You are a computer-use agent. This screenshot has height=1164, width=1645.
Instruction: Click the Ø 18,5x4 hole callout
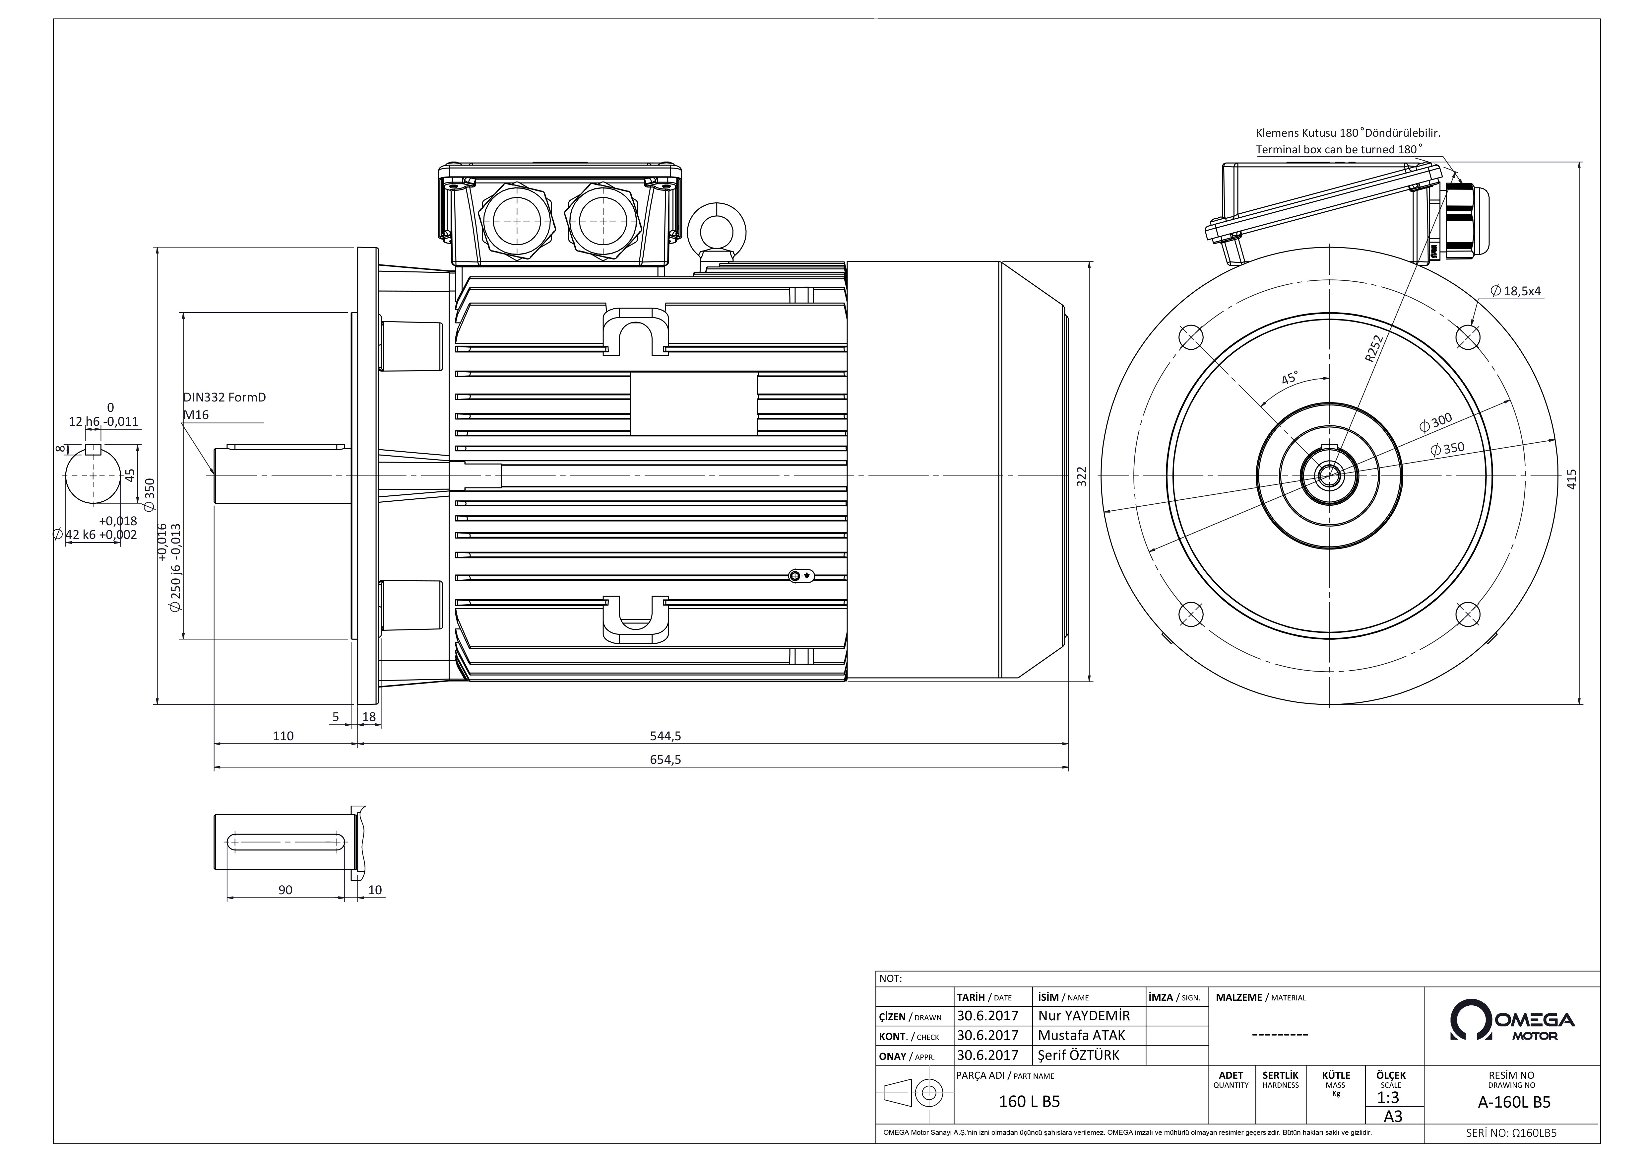1515,291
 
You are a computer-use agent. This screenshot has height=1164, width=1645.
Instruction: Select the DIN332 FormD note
224,397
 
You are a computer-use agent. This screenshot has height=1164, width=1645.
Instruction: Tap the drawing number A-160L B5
1514,1102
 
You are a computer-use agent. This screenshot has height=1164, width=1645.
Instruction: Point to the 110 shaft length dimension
283,736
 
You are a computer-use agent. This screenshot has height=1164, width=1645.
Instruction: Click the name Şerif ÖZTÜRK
1078,1055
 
